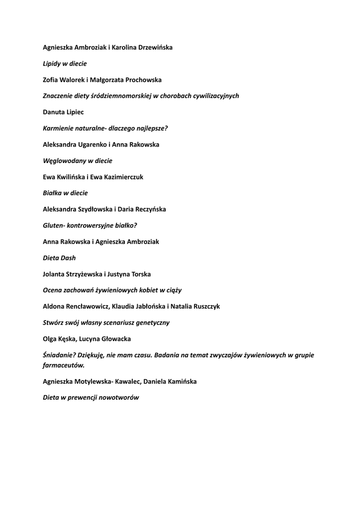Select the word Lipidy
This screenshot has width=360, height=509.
(52, 64)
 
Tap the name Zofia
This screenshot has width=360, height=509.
(52, 80)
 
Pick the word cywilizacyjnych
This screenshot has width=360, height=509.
(215, 96)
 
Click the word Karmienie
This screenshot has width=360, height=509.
(59, 128)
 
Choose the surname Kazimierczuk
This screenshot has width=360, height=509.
(122, 177)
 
